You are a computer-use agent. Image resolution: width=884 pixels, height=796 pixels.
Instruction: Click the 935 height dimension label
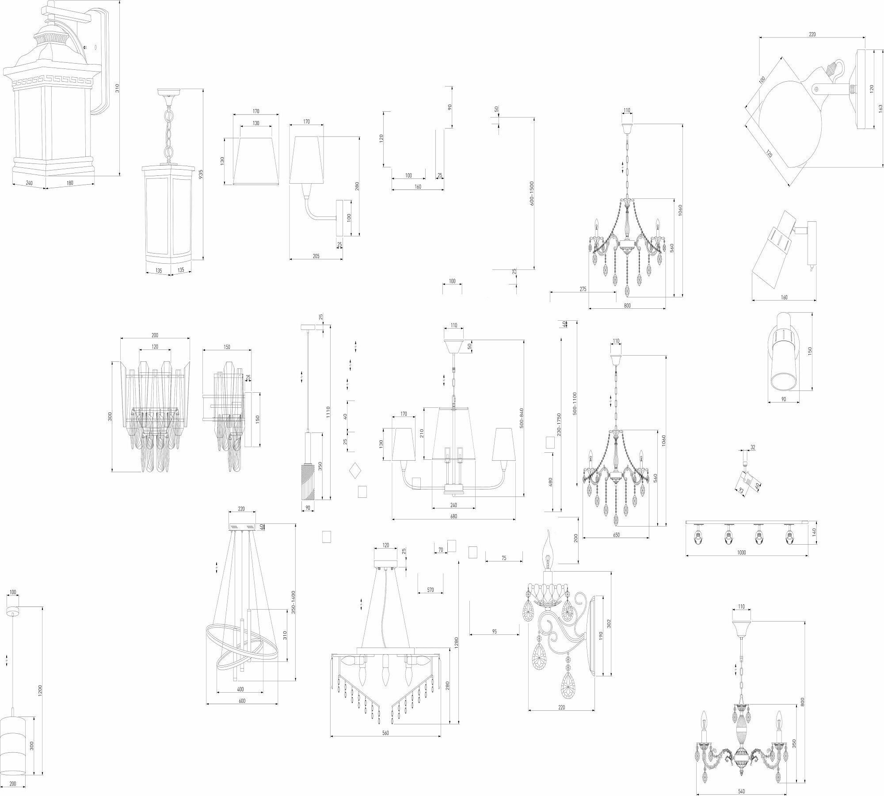pyautogui.click(x=201, y=174)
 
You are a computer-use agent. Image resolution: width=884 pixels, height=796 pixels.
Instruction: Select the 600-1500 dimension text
pyautogui.click(x=532, y=193)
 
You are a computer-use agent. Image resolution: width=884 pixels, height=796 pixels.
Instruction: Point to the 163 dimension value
pyautogui.click(x=880, y=107)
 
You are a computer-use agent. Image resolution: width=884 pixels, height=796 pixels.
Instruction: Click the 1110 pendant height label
pyautogui.click(x=328, y=412)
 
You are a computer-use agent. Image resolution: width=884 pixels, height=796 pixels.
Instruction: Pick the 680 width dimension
pyautogui.click(x=453, y=516)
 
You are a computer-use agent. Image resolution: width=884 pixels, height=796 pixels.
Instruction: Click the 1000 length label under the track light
pyautogui.click(x=742, y=552)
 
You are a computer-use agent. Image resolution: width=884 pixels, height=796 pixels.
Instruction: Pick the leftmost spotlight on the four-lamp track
pyautogui.click(x=698, y=535)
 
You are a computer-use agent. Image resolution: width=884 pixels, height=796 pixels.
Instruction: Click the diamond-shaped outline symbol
pyautogui.click(x=354, y=470)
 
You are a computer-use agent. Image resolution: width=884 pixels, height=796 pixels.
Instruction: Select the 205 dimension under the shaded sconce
pyautogui.click(x=316, y=256)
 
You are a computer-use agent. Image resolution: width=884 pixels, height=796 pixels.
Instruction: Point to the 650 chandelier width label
pyautogui.click(x=616, y=534)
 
